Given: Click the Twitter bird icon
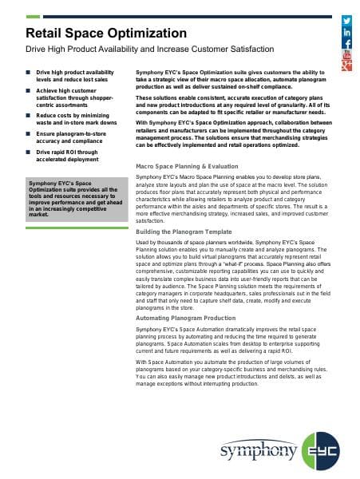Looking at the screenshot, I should click(x=347, y=18).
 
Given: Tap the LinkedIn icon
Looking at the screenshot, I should click(x=347, y=32).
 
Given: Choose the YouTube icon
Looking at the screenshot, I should click(x=347, y=57).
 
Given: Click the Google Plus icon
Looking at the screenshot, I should click(x=347, y=67).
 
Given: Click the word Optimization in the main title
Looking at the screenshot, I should click(x=146, y=34).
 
